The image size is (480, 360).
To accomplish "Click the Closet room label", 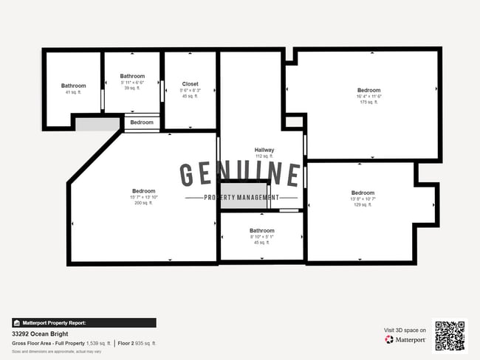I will pyautogui.click(x=190, y=84).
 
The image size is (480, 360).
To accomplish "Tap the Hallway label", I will pyautogui.click(x=264, y=150).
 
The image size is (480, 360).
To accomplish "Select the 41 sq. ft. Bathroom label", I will pyautogui.click(x=73, y=86).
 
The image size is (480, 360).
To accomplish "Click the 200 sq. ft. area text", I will pyautogui.click(x=144, y=203).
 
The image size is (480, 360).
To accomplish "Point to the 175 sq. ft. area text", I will pyautogui.click(x=368, y=102).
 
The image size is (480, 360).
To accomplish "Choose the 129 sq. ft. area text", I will pyautogui.click(x=363, y=204).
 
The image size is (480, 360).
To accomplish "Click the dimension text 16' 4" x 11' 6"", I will pyautogui.click(x=368, y=96).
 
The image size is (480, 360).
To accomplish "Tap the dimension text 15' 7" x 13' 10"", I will pyautogui.click(x=144, y=197).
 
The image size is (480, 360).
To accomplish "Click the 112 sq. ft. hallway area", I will pyautogui.click(x=264, y=156).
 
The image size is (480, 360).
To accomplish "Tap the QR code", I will pyautogui.click(x=450, y=336).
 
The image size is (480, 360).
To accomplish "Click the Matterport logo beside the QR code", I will pyautogui.click(x=405, y=339).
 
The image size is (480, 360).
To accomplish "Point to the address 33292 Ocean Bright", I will pyautogui.click(x=40, y=334).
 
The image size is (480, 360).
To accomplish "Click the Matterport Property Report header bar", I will pyautogui.click(x=83, y=322).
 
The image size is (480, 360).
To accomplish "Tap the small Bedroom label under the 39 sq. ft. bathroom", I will pyautogui.click(x=142, y=122).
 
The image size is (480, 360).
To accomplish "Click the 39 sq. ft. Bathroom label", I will pyautogui.click(x=132, y=76).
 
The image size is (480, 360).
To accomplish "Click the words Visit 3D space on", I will pyautogui.click(x=405, y=330).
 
